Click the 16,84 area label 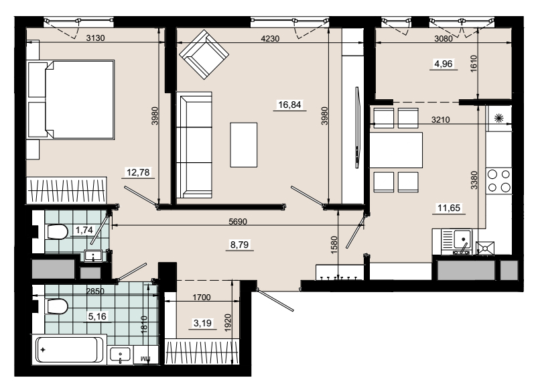pos(289,105)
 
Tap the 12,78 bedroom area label pos(138,172)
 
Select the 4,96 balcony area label pos(444,64)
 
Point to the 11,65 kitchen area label pos(449,208)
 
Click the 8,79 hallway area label pos(239,245)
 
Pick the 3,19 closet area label pos(202,323)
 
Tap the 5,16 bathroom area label pos(97,316)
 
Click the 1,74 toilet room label pos(84,230)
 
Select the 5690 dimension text pos(238,222)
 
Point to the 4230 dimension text pos(270,39)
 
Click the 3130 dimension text pos(95,38)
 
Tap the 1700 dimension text pos(202,298)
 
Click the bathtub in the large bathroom pos(69,350)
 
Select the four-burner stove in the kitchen pos(498,180)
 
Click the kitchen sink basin pos(462,239)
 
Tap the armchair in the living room pos(204,54)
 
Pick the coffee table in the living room pos(244,145)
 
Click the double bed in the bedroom pos(70,100)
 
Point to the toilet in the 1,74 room pos(57,232)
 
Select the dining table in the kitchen pos(396,150)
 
